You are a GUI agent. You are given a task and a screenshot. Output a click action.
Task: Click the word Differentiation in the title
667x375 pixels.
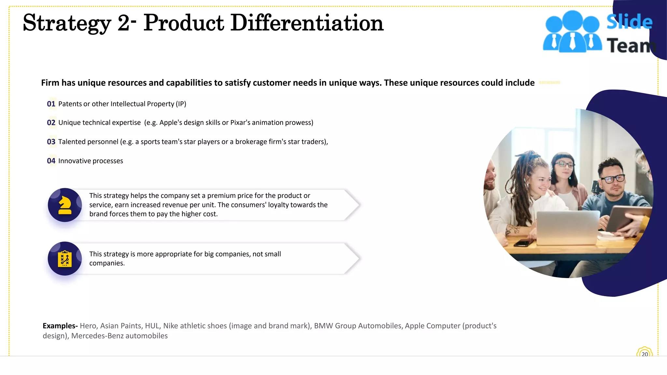pyautogui.click(x=307, y=23)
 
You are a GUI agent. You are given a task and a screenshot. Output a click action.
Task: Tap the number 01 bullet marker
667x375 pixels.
pyautogui.click(x=51, y=104)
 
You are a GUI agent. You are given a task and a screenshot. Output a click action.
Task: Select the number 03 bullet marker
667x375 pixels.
pyautogui.click(x=51, y=142)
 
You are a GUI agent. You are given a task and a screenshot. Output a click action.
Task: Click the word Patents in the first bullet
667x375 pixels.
pyautogui.click(x=70, y=104)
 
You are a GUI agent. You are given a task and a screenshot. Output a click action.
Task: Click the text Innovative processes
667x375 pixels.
pyautogui.click(x=91, y=161)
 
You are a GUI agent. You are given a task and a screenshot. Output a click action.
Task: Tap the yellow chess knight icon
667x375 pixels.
pyautogui.click(x=65, y=205)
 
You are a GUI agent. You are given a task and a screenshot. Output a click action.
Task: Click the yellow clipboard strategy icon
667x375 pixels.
pyautogui.click(x=65, y=259)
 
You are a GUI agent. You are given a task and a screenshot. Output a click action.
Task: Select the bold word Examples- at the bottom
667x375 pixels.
pyautogui.click(x=60, y=326)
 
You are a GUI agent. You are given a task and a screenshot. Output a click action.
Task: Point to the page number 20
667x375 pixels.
pyautogui.click(x=645, y=354)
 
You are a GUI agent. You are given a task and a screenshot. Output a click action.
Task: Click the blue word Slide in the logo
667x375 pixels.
pyautogui.click(x=629, y=22)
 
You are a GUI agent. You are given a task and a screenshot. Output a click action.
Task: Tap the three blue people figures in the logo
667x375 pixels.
pyautogui.click(x=572, y=32)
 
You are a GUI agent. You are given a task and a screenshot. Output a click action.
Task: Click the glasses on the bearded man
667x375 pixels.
pyautogui.click(x=612, y=179)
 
